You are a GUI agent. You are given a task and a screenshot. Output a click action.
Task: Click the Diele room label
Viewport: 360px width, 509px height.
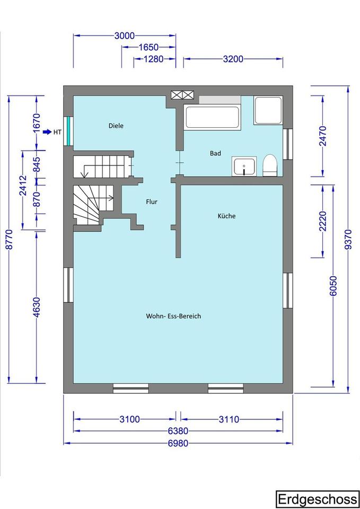click(116, 126)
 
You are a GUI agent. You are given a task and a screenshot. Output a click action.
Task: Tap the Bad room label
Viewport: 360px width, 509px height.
click(215, 153)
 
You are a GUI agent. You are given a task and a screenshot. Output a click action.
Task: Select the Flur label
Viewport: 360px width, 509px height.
click(152, 202)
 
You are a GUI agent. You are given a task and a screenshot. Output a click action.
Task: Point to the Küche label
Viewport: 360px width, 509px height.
click(226, 216)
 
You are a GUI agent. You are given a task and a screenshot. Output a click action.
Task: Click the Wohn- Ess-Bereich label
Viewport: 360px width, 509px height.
click(173, 316)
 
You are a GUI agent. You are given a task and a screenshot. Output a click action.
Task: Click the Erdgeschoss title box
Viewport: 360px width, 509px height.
click(317, 499)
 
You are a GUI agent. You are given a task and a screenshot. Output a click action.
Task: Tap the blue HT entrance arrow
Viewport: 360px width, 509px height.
click(47, 132)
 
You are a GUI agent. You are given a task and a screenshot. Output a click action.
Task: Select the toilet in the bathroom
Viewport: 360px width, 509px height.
click(269, 165)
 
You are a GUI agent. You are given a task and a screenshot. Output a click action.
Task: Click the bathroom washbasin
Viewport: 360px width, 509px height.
click(244, 166)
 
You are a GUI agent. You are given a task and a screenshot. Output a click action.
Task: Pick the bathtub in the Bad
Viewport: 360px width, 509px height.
click(213, 117)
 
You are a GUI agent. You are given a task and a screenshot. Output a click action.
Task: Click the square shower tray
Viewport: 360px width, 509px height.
click(268, 110)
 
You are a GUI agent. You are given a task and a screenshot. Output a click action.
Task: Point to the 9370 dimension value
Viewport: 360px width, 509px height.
click(348, 240)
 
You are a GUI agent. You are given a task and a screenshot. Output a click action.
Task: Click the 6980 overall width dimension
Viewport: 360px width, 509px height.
click(178, 443)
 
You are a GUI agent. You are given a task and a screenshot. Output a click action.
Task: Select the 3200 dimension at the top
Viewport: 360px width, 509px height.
click(233, 59)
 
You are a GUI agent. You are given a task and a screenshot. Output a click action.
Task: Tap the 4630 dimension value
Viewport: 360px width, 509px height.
click(37, 307)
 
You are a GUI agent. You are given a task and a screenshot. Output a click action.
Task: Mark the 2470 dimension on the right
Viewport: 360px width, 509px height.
click(323, 136)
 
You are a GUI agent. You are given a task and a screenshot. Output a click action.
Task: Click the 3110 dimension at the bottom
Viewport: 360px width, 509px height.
click(229, 419)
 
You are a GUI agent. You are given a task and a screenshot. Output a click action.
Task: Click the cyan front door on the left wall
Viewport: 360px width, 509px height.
click(68, 131)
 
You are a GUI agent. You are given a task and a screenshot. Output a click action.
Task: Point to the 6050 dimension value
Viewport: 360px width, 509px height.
click(333, 286)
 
